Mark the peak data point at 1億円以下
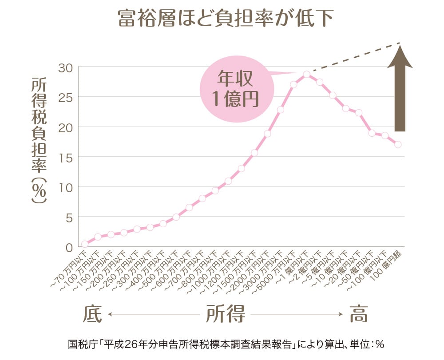[x=306, y=74]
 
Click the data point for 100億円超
[x=398, y=144]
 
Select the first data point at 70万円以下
[x=85, y=244]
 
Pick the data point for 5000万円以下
[x=293, y=84]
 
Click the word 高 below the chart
[x=359, y=314]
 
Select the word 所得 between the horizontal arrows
[x=226, y=314]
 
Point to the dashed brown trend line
[x=355, y=57]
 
